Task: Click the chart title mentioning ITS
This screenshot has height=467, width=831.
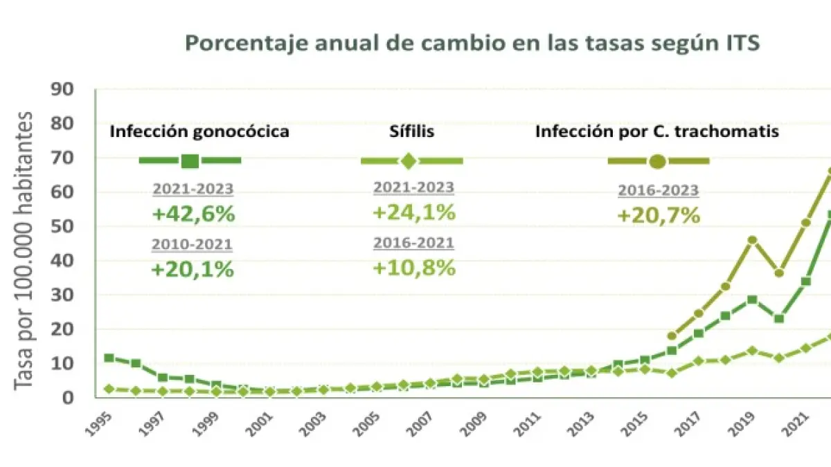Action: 473,43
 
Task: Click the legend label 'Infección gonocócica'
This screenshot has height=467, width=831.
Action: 199,131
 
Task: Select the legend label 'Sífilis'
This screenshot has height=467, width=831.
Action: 411,131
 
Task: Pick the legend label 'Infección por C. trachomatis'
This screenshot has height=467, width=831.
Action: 657,131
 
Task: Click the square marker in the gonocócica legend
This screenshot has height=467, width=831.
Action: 190,161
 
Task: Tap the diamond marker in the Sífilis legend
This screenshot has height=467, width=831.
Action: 409,161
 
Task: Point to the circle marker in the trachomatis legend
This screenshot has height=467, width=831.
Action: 658,161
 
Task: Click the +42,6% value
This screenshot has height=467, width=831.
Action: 193,214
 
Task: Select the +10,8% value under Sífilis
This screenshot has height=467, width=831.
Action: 414,268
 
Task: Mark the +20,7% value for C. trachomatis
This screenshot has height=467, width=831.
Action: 658,215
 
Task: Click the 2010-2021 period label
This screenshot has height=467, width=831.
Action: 193,244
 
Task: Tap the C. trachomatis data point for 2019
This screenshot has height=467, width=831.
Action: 753,240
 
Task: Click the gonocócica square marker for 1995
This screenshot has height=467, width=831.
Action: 109,358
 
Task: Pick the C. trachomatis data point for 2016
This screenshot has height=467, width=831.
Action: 672,336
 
